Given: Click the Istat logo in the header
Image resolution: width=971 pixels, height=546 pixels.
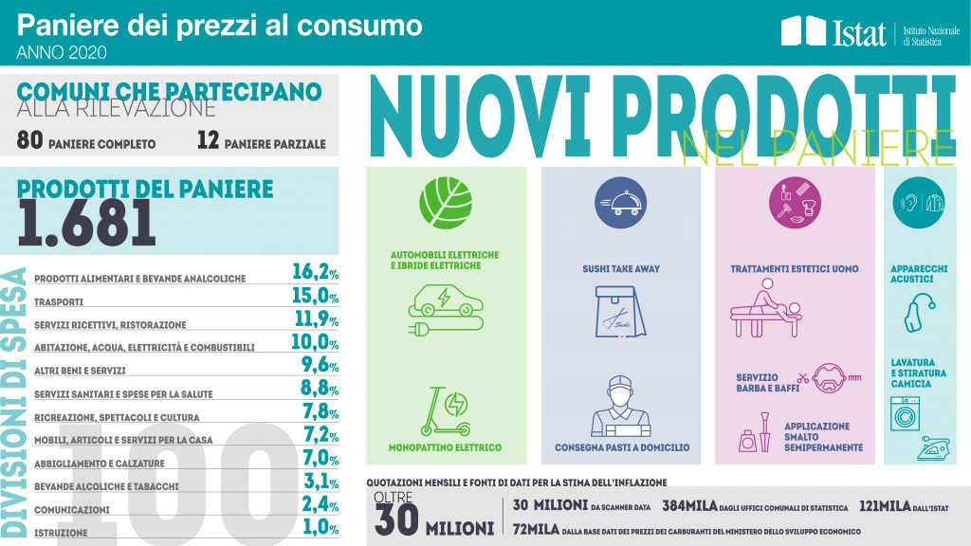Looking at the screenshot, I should [834, 33].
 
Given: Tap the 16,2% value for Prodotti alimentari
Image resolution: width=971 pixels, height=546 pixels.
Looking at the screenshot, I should [315, 273].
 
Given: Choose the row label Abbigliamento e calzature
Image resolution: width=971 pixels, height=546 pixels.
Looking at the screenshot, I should [99, 464].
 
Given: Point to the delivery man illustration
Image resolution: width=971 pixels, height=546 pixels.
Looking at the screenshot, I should [620, 408].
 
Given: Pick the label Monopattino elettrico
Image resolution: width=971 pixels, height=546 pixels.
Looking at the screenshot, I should [445, 446].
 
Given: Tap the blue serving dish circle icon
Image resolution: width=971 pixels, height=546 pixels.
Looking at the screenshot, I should [620, 202].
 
